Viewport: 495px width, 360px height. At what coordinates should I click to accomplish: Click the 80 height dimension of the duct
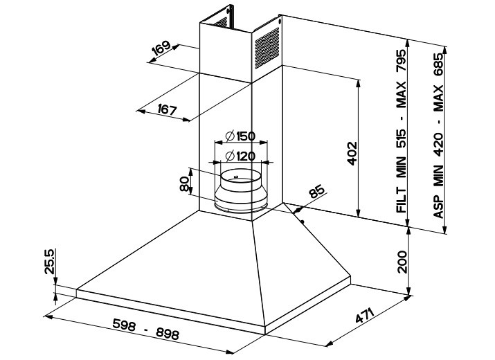click(185, 184)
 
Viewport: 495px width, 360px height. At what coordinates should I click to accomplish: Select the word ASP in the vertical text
click(440, 206)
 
